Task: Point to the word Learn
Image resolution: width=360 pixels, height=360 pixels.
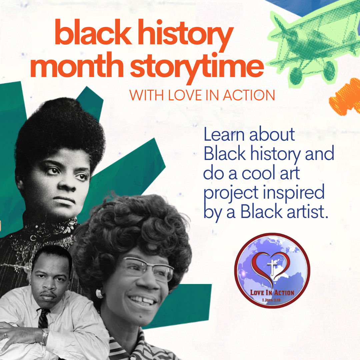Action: coord(225,135)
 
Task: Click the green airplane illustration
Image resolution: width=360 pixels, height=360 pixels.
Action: coord(310,40)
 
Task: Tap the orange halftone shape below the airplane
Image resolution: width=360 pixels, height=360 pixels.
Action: coord(345,97)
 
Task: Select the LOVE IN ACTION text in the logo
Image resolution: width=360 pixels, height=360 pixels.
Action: coord(272,292)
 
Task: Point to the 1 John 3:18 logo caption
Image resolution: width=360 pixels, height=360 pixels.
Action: coord(272,299)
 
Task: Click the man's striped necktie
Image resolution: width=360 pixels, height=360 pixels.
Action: coord(43,318)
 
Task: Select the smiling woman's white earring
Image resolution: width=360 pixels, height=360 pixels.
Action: coord(99,293)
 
